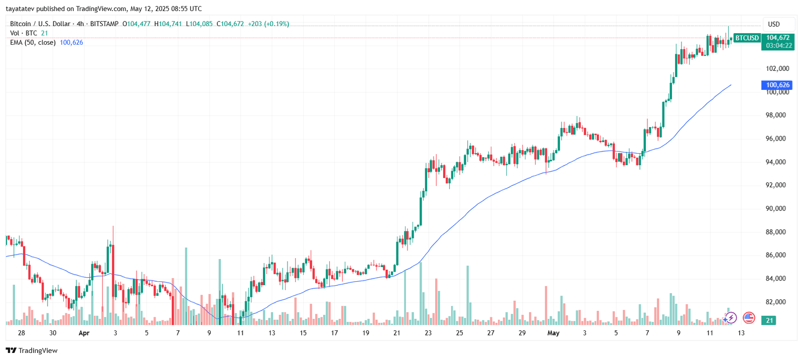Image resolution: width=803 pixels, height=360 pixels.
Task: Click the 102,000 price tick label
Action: click(x=777, y=68)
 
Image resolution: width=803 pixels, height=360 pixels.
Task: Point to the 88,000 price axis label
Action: click(x=775, y=232)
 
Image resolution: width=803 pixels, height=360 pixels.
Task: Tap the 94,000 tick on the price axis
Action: click(x=775, y=162)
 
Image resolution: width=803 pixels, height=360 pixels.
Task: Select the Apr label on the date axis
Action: click(x=84, y=333)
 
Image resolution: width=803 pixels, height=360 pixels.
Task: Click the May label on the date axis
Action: click(x=553, y=333)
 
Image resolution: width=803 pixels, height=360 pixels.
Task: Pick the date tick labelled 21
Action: click(x=397, y=333)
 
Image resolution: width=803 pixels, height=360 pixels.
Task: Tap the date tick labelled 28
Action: click(x=21, y=333)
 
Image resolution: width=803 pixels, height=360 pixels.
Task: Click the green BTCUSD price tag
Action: click(x=747, y=38)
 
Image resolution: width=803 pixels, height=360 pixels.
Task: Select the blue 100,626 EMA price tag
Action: click(x=777, y=85)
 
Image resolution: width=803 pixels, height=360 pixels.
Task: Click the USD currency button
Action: click(x=774, y=24)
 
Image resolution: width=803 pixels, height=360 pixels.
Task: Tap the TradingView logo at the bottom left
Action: click(x=32, y=350)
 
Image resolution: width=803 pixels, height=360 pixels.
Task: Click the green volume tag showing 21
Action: click(x=769, y=320)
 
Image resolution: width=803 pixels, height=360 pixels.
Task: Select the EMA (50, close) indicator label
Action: click(x=33, y=43)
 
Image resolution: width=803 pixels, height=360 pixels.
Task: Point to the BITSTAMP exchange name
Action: click(x=104, y=24)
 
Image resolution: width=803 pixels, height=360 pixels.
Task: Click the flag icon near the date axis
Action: click(x=749, y=317)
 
